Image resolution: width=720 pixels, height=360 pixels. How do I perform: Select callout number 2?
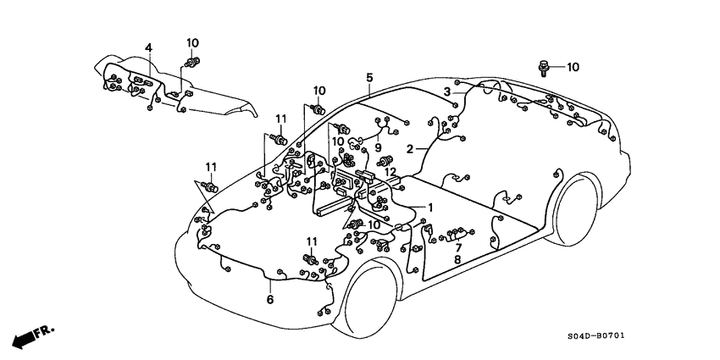[409, 148]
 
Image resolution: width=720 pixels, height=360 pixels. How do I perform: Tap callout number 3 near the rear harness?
[446, 91]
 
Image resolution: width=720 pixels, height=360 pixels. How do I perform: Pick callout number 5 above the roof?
[369, 78]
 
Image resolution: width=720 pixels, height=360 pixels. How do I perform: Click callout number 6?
[270, 300]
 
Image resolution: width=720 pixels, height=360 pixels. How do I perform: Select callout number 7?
[457, 247]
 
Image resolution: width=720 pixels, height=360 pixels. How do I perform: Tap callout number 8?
[457, 260]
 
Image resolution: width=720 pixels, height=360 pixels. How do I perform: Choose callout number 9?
[379, 147]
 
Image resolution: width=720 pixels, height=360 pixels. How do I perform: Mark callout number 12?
[390, 173]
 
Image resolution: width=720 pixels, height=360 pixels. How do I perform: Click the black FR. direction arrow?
[30, 334]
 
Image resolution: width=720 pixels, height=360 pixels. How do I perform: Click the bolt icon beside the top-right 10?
[542, 65]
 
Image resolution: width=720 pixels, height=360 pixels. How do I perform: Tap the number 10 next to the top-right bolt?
[573, 66]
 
